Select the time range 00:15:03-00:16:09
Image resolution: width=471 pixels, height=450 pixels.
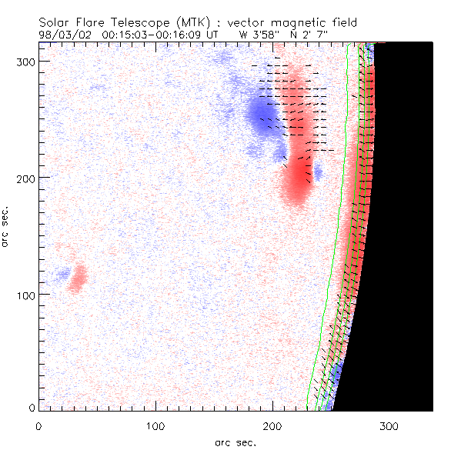point(152,35)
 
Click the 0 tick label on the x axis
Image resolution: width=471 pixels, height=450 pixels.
point(38,425)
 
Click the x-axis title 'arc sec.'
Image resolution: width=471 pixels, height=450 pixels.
point(235,441)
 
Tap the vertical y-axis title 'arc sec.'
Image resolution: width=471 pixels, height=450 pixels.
point(6,226)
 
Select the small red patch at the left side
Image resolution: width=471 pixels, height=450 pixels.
point(77,278)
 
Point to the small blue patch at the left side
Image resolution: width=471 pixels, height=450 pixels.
point(62,273)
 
